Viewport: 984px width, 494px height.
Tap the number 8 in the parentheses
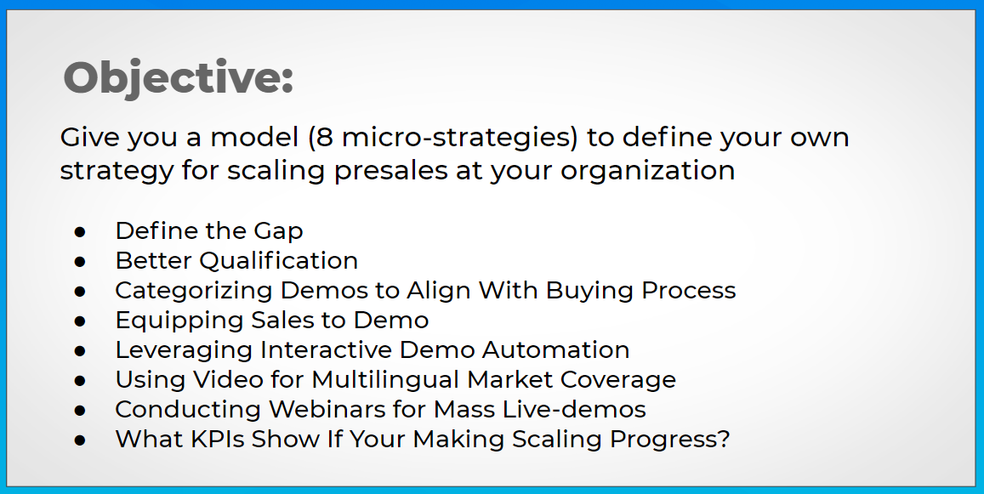click(x=324, y=137)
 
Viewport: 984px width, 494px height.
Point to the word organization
click(x=647, y=171)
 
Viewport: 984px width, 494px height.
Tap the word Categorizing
click(x=194, y=291)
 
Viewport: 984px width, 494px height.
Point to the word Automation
click(x=555, y=349)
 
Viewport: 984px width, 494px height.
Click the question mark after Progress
click(x=724, y=439)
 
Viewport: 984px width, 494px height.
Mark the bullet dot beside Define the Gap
click(x=80, y=232)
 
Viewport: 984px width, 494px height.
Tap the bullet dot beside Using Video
click(x=80, y=380)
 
